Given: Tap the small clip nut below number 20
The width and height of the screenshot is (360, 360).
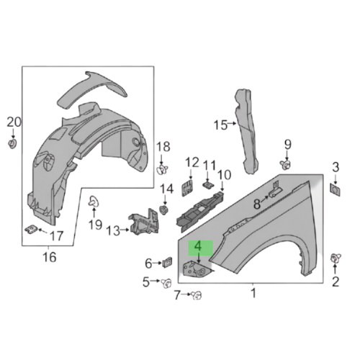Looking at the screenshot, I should (x=12, y=144).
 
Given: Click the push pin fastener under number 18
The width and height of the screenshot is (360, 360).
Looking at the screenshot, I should (x=162, y=170).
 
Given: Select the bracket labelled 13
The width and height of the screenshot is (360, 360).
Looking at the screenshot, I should (x=141, y=223).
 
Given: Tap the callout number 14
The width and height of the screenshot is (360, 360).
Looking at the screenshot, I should (x=166, y=190).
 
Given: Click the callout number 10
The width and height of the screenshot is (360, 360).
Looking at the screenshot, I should (x=224, y=174).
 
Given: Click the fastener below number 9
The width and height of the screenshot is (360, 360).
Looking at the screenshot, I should (x=286, y=165).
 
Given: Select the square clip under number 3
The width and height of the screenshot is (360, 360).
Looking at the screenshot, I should (x=336, y=188).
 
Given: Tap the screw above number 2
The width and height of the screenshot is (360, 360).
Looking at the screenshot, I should (x=336, y=258).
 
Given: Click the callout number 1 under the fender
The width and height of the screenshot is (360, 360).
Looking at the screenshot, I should (x=253, y=293).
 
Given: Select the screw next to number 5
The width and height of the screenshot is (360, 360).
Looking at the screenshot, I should (x=164, y=282).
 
